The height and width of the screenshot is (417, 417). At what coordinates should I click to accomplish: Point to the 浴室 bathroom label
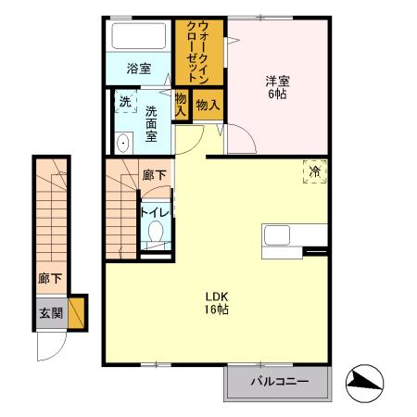coord(138,68)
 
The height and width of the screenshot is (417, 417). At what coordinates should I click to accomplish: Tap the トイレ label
coord(153,212)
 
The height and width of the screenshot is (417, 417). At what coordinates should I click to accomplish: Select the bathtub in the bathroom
coord(137,37)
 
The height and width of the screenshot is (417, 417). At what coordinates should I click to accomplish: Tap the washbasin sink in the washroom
coord(122,142)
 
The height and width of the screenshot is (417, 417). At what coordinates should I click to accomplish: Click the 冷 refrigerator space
coord(315,172)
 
